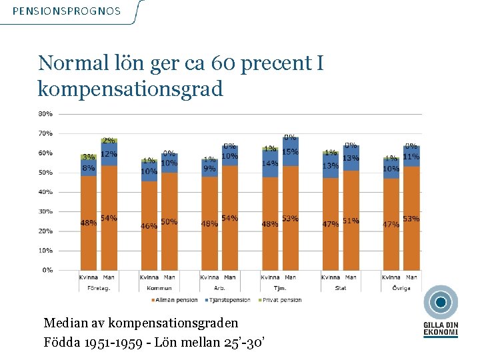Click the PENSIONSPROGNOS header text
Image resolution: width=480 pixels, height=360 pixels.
pyautogui.click(x=67, y=11)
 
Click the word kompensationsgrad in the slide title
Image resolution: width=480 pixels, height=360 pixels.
pyautogui.click(x=131, y=89)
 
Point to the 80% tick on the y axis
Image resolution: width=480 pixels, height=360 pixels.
pyautogui.click(x=45, y=114)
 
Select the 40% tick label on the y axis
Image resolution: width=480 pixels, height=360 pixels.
pyautogui.click(x=45, y=192)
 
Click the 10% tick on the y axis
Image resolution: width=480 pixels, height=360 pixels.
pyautogui.click(x=45, y=251)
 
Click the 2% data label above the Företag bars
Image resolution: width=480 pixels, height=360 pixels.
pyautogui.click(x=109, y=141)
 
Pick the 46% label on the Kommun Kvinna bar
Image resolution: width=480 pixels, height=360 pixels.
pyautogui.click(x=149, y=226)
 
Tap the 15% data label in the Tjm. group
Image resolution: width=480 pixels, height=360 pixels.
pyautogui.click(x=289, y=152)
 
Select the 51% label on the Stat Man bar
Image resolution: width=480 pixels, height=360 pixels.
pyautogui.click(x=351, y=221)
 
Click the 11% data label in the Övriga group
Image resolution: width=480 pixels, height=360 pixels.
pyautogui.click(x=411, y=157)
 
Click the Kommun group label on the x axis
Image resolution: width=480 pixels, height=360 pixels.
pyautogui.click(x=159, y=288)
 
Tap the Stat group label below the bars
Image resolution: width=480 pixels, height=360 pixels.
pyautogui.click(x=340, y=288)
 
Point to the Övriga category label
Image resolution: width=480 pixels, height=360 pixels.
pyautogui.click(x=401, y=288)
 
